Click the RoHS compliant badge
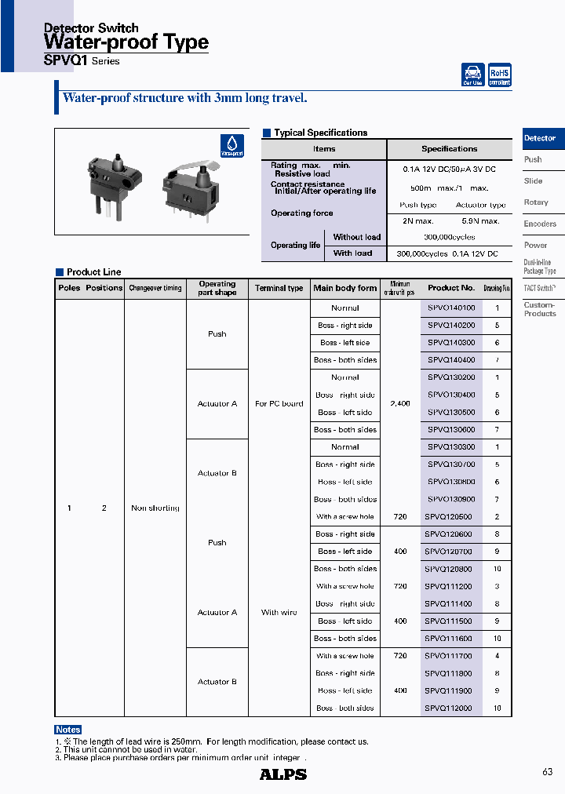tap(500, 75)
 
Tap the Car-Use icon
tap(473, 75)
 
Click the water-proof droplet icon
tap(232, 146)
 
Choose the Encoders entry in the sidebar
tap(540, 224)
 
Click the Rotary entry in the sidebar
tap(536, 202)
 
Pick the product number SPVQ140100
tap(451, 308)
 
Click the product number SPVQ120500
tap(449, 517)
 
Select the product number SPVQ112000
tap(449, 708)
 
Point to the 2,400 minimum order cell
tap(400, 404)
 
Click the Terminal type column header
tap(279, 289)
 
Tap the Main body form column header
tap(345, 289)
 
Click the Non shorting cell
tap(155, 508)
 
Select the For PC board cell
tap(279, 404)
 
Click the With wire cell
tap(279, 613)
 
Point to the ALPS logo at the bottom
tap(282, 774)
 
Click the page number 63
tap(547, 773)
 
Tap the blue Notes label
tap(68, 730)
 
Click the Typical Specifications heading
tap(320, 133)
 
